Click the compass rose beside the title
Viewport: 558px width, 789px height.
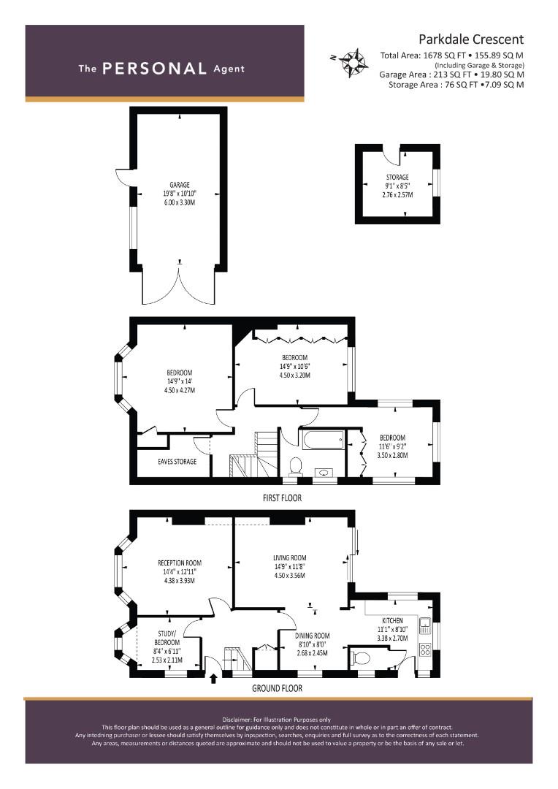point(353,63)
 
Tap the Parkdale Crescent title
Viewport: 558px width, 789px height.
point(471,39)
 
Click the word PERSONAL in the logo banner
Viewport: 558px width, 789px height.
point(154,69)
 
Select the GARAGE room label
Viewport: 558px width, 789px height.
point(180,185)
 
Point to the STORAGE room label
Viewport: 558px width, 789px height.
point(397,177)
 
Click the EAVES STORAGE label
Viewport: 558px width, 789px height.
point(177,461)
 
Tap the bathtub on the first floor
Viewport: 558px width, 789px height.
point(323,440)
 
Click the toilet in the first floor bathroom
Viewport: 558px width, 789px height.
point(295,465)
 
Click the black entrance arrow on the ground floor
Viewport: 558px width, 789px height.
point(213,678)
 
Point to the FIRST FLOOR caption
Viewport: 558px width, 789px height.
point(282,498)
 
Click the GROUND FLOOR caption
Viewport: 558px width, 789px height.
point(278,688)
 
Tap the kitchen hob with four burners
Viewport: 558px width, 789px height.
point(424,649)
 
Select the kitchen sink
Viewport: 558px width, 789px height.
point(425,625)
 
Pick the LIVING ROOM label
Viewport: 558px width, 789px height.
point(290,557)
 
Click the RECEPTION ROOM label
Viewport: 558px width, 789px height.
point(180,563)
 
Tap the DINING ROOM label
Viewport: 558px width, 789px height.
point(313,636)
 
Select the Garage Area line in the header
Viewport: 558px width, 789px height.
point(451,75)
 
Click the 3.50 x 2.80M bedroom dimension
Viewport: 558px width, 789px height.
point(392,455)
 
